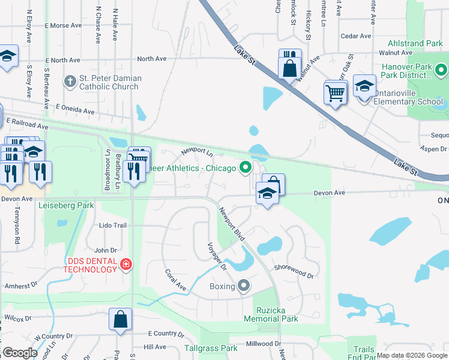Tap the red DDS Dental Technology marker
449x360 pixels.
125,264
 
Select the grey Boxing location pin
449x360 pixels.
243,286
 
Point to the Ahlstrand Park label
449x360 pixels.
415,44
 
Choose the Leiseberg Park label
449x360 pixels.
67,205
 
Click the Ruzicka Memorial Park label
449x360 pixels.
271,314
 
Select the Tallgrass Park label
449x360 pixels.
211,348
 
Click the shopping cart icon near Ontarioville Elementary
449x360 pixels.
336,93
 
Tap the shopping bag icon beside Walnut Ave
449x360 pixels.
290,67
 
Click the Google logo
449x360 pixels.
20,353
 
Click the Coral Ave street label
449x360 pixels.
176,280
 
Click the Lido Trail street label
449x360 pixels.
113,226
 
